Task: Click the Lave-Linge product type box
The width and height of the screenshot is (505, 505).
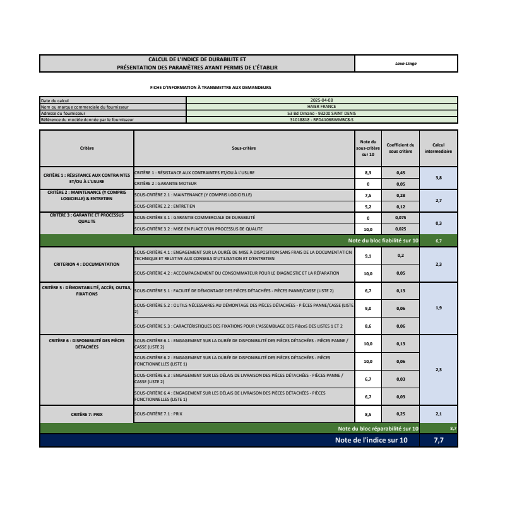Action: click(x=406, y=64)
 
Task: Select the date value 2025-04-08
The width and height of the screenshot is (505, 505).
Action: click(x=322, y=100)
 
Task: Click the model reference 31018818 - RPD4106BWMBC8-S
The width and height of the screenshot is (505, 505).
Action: click(x=322, y=119)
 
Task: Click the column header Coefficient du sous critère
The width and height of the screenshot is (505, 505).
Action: click(x=400, y=148)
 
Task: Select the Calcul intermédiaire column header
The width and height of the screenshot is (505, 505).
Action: click(x=439, y=148)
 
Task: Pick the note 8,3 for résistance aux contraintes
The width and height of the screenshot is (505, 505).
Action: click(x=368, y=172)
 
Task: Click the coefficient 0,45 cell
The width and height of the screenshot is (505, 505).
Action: click(x=400, y=172)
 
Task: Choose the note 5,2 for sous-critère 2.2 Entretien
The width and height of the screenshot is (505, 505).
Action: click(x=368, y=206)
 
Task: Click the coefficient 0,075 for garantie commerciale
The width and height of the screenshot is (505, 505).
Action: click(x=400, y=218)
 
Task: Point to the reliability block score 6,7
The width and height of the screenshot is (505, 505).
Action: click(x=439, y=241)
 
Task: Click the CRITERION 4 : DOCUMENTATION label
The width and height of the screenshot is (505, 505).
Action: click(x=87, y=264)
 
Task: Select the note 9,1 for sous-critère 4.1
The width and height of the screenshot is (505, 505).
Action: click(x=368, y=256)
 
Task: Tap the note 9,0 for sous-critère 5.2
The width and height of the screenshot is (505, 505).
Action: click(x=368, y=308)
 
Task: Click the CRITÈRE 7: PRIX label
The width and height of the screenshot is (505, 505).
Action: click(x=87, y=414)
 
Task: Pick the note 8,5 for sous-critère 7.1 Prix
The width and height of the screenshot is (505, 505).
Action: click(x=368, y=414)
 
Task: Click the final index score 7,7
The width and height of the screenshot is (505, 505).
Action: click(x=439, y=440)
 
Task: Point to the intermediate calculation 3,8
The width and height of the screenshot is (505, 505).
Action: click(x=439, y=178)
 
